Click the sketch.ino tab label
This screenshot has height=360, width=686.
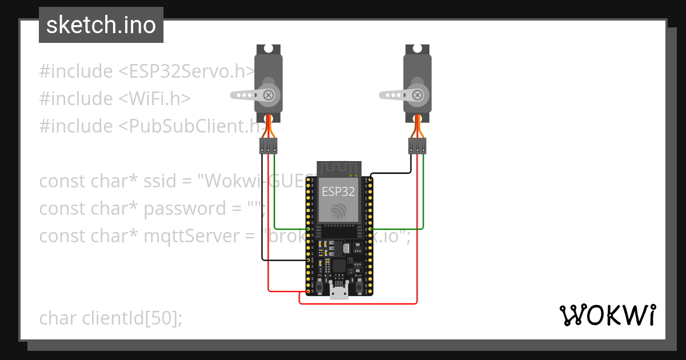coord(101,25)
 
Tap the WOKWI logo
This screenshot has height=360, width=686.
coord(607,315)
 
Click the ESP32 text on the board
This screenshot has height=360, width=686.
coord(338,191)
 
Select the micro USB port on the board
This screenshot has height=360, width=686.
coord(340,293)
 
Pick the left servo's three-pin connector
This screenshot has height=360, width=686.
coord(268,146)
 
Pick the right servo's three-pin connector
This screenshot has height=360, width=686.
coord(417,146)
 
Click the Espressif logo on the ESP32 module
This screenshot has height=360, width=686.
coord(338,210)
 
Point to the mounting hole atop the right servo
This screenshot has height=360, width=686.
coord(418,50)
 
